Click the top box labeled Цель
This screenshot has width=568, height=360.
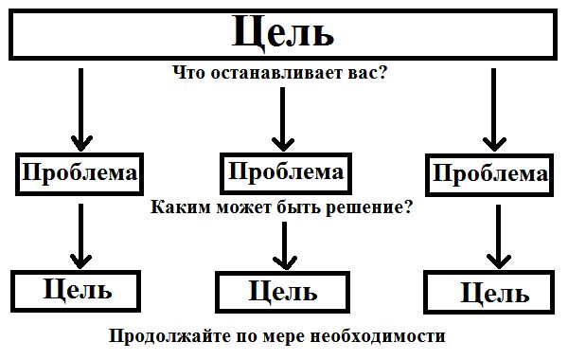click(x=282, y=34)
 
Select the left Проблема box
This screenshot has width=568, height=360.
click(x=80, y=174)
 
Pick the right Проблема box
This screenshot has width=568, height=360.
click(x=488, y=174)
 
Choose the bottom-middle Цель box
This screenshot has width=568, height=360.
click(x=283, y=291)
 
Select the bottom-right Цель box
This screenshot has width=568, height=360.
click(x=488, y=293)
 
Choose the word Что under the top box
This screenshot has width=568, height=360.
click(x=187, y=73)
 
